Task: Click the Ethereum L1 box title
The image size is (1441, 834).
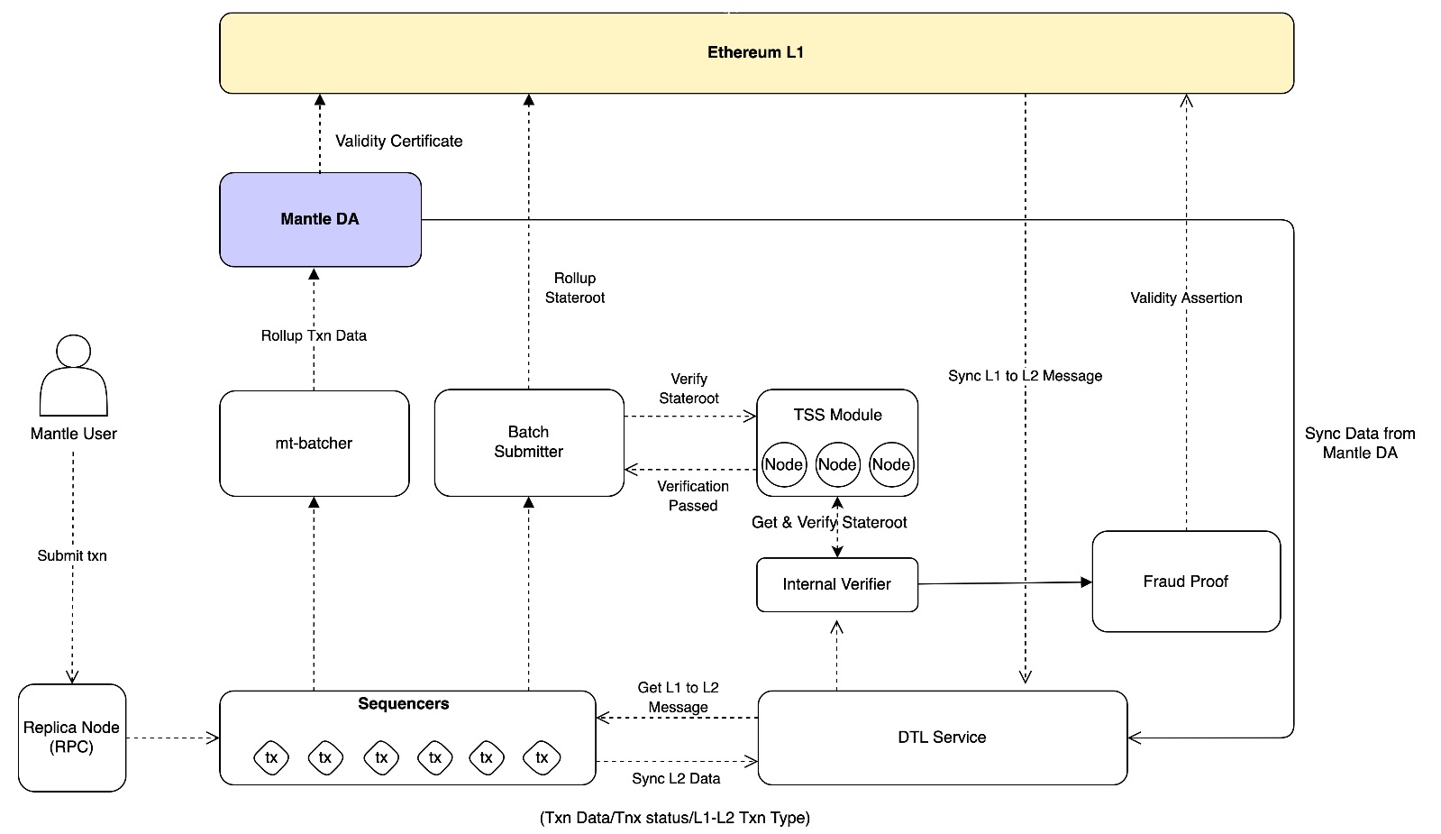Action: coord(755,52)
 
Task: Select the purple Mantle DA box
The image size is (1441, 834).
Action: coord(320,219)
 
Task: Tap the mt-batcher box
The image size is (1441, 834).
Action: coord(314,444)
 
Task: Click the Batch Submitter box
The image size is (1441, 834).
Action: coord(529,443)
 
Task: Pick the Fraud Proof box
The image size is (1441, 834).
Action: coord(1186,582)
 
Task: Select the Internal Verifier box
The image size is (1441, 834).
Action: coord(837,585)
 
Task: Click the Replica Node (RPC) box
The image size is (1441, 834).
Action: coord(72,738)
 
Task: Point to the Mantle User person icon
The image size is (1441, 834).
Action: coord(73,376)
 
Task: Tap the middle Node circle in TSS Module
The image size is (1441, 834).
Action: coord(837,464)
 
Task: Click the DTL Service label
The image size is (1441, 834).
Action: coord(942,738)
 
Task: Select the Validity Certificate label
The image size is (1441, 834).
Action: coord(399,142)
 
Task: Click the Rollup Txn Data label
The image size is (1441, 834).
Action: coord(314,336)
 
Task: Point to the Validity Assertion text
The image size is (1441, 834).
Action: coord(1186,298)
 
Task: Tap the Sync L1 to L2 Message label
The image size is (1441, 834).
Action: coord(1026,376)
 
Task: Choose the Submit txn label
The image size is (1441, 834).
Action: coord(72,556)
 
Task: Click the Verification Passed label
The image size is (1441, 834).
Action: coord(693,496)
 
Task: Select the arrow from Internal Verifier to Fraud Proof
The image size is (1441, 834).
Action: coord(1006,583)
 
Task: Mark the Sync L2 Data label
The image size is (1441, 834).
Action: coord(676,779)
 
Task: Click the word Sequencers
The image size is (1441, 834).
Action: coord(404,704)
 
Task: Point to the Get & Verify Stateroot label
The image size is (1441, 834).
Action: coord(829,523)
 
